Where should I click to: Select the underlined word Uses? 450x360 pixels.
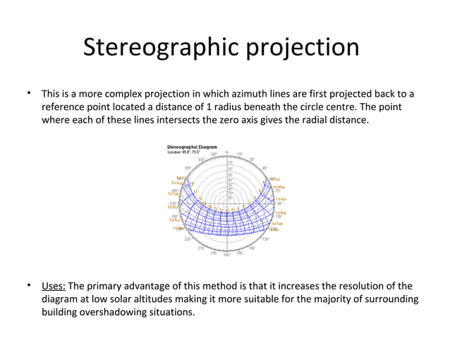coord(53,286)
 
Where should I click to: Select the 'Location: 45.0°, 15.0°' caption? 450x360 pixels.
coord(183,152)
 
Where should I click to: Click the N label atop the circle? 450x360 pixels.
coord(226,152)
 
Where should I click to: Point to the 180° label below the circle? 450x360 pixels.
coord(226,255)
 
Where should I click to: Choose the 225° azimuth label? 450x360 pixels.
coord(188,239)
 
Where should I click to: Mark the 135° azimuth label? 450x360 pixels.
coord(265,239)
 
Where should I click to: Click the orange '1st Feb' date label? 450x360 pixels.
coord(276,223)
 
